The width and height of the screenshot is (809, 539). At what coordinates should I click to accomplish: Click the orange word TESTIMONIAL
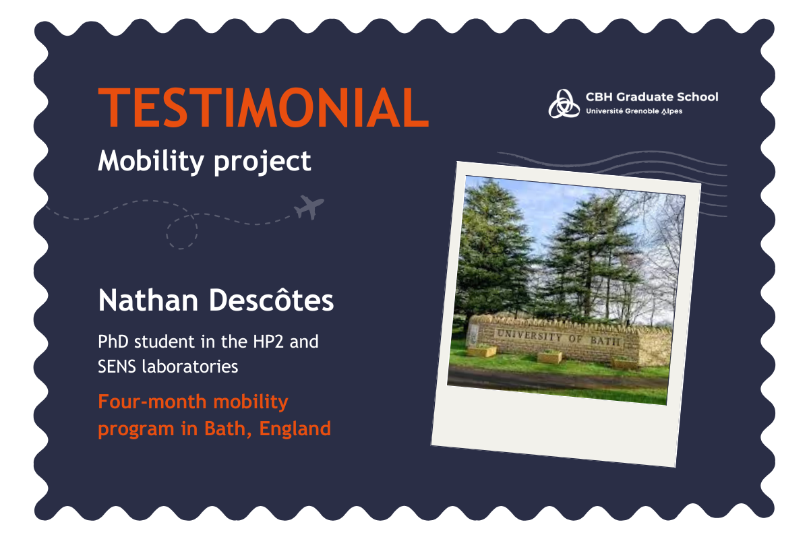[264, 107]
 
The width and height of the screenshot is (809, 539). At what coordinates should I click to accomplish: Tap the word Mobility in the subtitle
[151, 162]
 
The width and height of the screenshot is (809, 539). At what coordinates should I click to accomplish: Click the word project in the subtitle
[262, 162]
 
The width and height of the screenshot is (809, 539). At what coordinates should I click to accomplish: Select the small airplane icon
[309, 207]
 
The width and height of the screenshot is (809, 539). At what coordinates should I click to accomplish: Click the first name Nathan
[148, 300]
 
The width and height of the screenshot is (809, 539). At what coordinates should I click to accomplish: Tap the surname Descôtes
[272, 299]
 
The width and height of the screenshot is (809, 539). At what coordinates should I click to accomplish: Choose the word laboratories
[190, 367]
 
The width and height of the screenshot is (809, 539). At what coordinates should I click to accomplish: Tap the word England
[295, 430]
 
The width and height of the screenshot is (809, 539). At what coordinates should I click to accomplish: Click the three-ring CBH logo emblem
[564, 104]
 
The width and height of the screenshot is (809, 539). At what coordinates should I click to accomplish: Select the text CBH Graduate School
[652, 97]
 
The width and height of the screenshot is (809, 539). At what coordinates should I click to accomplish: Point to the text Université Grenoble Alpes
[634, 111]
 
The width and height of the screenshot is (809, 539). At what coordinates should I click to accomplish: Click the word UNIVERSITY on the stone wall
[529, 336]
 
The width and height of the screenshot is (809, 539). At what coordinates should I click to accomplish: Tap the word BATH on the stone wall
[605, 340]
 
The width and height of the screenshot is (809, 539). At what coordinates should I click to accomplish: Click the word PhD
[113, 342]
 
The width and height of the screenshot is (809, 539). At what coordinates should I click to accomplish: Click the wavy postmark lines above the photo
[614, 162]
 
